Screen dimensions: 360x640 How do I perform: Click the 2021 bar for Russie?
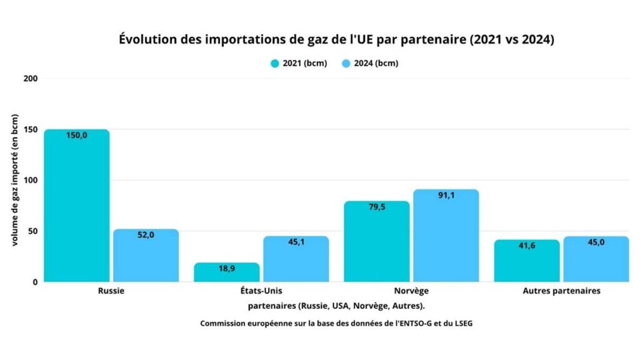pyautogui.click(x=76, y=206)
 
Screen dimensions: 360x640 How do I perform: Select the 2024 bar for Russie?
pyautogui.click(x=146, y=256)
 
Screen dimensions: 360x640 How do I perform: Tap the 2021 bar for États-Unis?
pyautogui.click(x=226, y=273)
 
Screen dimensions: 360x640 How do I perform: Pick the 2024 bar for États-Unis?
pyautogui.click(x=296, y=259)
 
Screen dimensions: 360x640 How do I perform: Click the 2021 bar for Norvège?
pyautogui.click(x=376, y=242)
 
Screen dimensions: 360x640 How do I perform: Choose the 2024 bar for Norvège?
pyautogui.click(x=446, y=236)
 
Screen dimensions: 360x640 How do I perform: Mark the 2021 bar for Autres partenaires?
pyautogui.click(x=526, y=261)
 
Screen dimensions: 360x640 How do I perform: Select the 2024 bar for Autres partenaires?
pyautogui.click(x=596, y=259)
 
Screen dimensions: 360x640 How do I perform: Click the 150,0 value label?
pyautogui.click(x=76, y=135)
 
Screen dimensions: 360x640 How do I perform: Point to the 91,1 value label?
pyautogui.click(x=446, y=195)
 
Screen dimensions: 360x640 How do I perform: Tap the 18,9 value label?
pyautogui.click(x=226, y=268)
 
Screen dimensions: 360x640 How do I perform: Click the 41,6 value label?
pyautogui.click(x=526, y=246)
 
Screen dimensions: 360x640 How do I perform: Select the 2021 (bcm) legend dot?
pyautogui.click(x=274, y=63)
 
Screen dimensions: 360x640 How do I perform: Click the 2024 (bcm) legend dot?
pyautogui.click(x=346, y=63)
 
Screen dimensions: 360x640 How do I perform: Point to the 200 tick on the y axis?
pyautogui.click(x=31, y=79)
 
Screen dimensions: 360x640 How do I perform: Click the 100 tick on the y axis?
pyautogui.click(x=31, y=180)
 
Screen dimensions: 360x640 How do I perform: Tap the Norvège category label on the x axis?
pyautogui.click(x=411, y=291)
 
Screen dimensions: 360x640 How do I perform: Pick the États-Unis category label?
pyautogui.click(x=261, y=291)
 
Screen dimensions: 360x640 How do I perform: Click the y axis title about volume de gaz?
pyautogui.click(x=14, y=180)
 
